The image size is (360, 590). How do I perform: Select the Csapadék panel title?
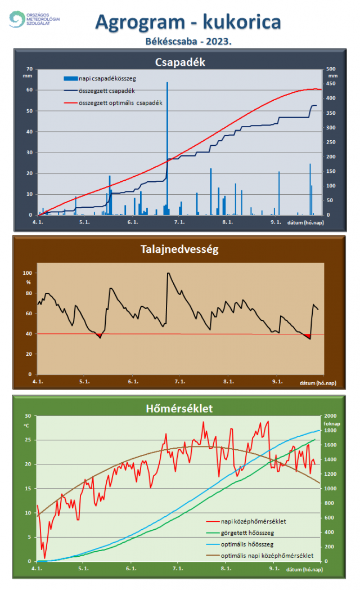coord(179,62)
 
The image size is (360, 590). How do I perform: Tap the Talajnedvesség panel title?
coord(179,248)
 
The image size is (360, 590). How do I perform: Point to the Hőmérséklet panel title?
coord(180,408)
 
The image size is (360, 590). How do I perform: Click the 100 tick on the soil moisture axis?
coord(28,273)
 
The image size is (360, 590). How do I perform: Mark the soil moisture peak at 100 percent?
coord(168,273)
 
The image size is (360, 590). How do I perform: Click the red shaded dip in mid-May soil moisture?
coord(100,336)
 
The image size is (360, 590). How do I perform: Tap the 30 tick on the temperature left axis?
coord(28,416)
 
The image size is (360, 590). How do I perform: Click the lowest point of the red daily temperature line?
coord(44,557)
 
